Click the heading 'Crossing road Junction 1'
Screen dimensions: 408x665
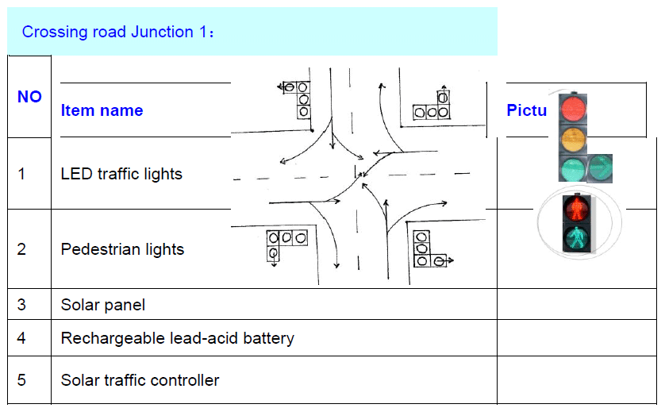click(x=119, y=33)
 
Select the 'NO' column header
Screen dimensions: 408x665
click(x=29, y=97)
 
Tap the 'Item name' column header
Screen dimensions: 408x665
click(x=102, y=111)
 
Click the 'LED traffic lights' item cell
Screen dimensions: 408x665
click(x=121, y=174)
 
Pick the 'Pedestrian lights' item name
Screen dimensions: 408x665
click(x=122, y=249)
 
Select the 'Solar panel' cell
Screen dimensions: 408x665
click(x=103, y=305)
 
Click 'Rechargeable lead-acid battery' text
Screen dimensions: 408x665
click(x=177, y=338)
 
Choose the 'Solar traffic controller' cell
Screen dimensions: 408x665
click(x=140, y=380)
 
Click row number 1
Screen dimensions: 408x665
click(x=21, y=174)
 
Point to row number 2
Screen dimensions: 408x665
click(x=21, y=249)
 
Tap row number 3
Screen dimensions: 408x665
click(x=21, y=305)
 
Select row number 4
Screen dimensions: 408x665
click(x=21, y=338)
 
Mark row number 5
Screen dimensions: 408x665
click(x=21, y=380)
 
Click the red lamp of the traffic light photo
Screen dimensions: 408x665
click(x=573, y=109)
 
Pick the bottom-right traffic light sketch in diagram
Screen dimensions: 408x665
click(x=425, y=248)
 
